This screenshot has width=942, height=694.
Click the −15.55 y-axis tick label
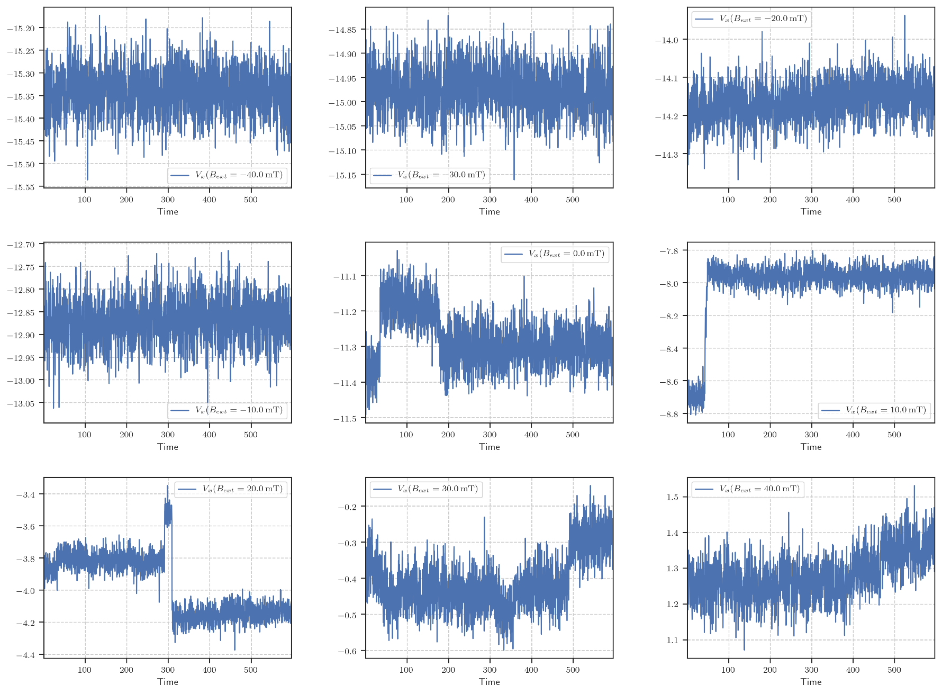[x=21, y=187]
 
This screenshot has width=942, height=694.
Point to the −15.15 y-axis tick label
[x=342, y=175]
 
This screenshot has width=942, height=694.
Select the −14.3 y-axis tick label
[x=666, y=155]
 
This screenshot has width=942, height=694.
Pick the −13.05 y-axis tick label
[x=21, y=403]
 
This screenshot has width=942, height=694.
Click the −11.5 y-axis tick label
[x=345, y=419]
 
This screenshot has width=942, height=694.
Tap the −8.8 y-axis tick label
[x=669, y=414]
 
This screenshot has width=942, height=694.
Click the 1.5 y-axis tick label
[x=672, y=497]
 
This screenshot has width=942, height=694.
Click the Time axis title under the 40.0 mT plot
[x=811, y=682]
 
